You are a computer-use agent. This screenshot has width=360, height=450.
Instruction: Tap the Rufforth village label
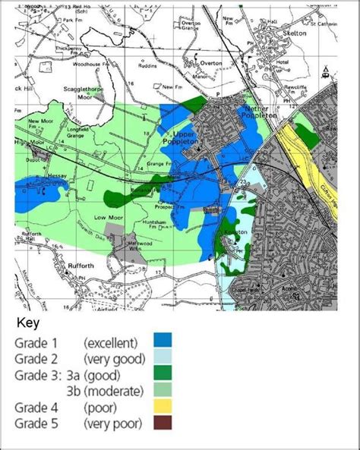(32, 265)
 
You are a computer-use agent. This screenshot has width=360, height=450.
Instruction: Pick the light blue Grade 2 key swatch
(163, 357)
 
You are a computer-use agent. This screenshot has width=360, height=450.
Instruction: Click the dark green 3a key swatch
(163, 375)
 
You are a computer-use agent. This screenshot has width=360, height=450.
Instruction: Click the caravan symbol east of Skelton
(325, 75)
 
